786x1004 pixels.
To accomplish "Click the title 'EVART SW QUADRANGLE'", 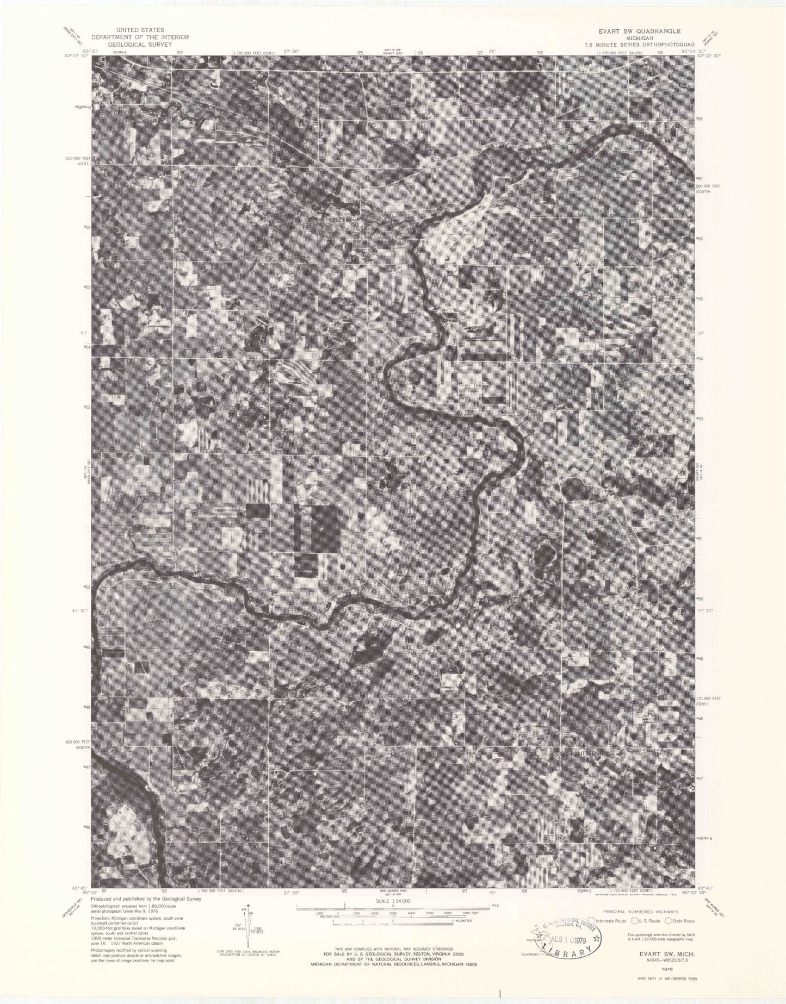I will (639, 31).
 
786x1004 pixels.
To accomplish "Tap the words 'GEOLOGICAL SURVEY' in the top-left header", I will (140, 44).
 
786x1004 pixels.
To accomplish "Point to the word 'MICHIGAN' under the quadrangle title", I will (639, 38).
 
